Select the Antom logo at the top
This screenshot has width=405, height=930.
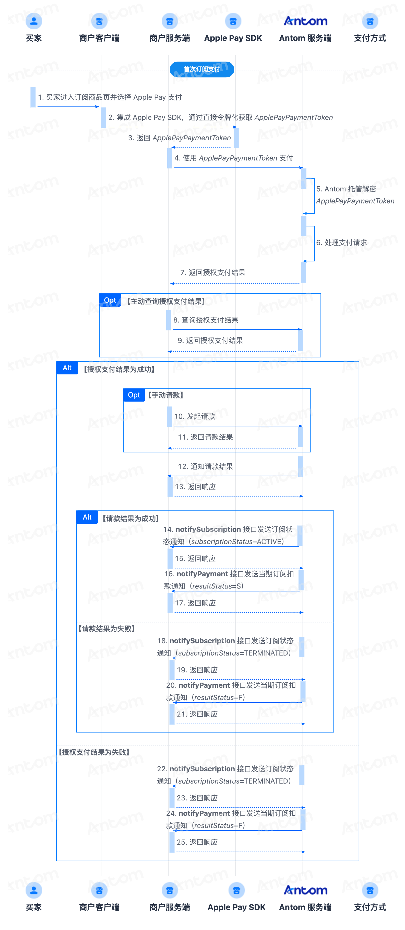305,21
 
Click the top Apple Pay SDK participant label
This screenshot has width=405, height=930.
233,38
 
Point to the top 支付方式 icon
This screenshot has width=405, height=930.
370,21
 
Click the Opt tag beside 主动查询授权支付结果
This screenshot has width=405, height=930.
110,300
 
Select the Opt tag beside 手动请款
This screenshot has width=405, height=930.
134,395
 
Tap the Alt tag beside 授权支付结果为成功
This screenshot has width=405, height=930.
67,368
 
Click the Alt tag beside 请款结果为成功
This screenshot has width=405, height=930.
87,517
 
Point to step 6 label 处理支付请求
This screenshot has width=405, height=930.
341,243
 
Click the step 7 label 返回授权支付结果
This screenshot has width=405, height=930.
213,273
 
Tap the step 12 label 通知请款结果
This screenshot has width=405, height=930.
205,466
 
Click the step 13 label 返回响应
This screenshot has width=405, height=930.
195,487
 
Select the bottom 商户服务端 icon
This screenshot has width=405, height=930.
170,890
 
